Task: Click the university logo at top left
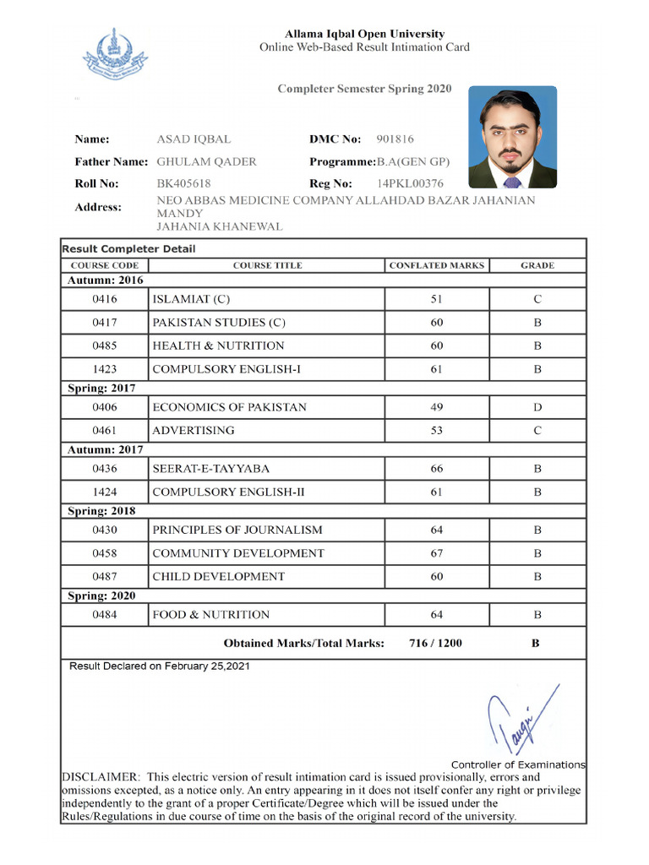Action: [x=114, y=54]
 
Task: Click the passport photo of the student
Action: [x=512, y=137]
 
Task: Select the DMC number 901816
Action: [x=395, y=139]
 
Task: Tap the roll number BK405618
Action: [x=183, y=183]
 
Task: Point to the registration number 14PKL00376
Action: [x=410, y=183]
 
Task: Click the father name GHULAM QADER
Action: [x=206, y=161]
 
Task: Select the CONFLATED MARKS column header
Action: [x=436, y=265]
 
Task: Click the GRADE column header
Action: [x=537, y=265]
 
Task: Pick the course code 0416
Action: [x=105, y=299]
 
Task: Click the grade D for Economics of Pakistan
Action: [x=537, y=407]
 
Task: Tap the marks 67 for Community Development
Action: [x=436, y=553]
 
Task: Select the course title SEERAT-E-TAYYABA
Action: [x=210, y=469]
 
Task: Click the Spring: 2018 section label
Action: [x=101, y=511]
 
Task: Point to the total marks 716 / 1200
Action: [x=435, y=644]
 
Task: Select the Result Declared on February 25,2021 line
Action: [x=159, y=666]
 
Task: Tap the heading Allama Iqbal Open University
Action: [x=364, y=34]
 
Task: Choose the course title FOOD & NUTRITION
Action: [x=210, y=615]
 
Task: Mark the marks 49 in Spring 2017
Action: [x=436, y=407]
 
